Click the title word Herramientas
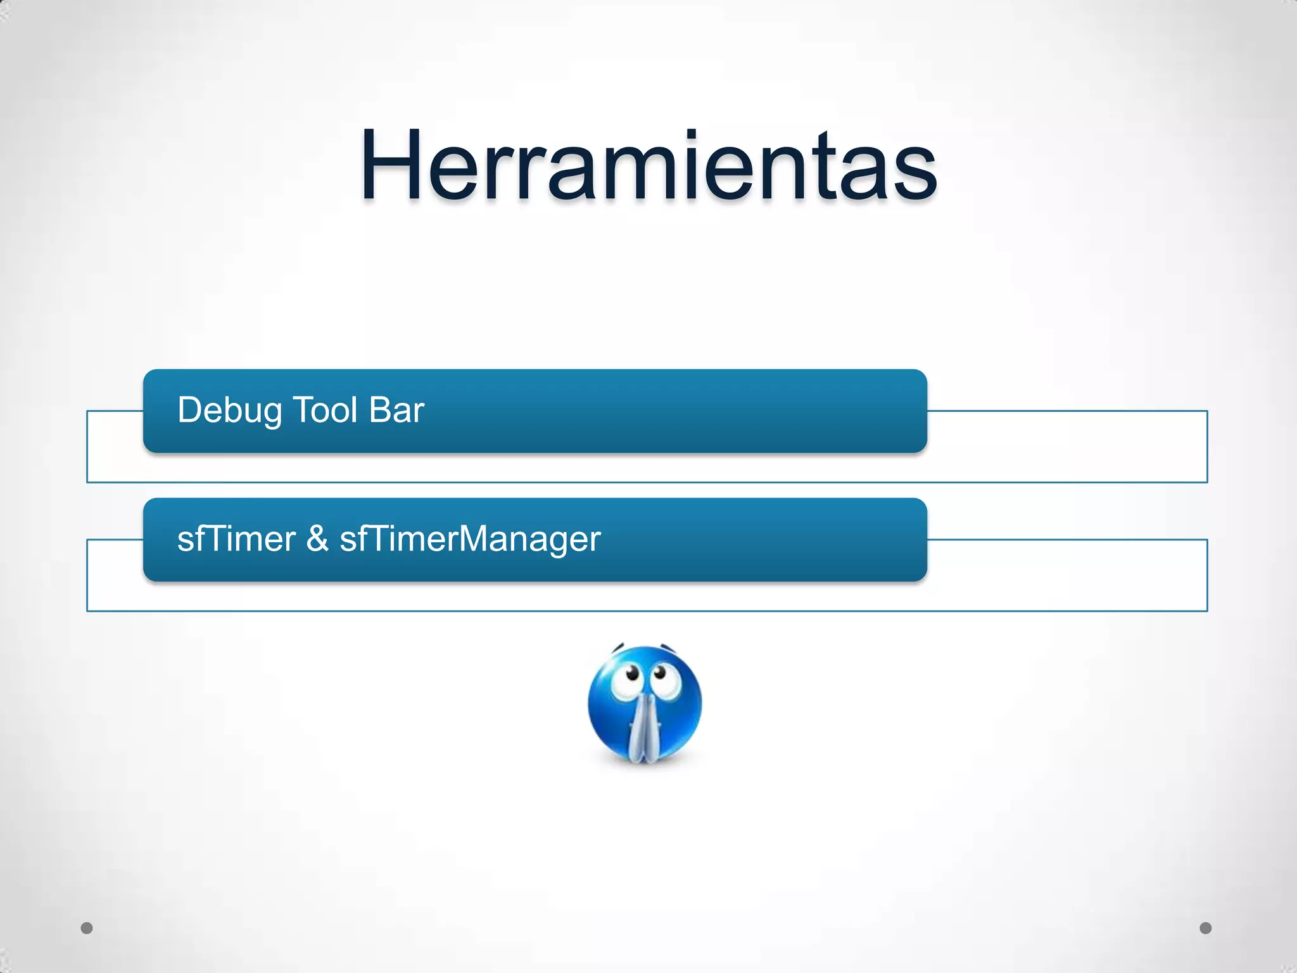[648, 166]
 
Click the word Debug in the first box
[229, 410]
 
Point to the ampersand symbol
[317, 539]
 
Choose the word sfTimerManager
[470, 540]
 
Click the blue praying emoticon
[645, 703]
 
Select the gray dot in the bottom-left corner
[87, 928]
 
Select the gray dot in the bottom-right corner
[1206, 928]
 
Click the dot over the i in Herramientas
[691, 134]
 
